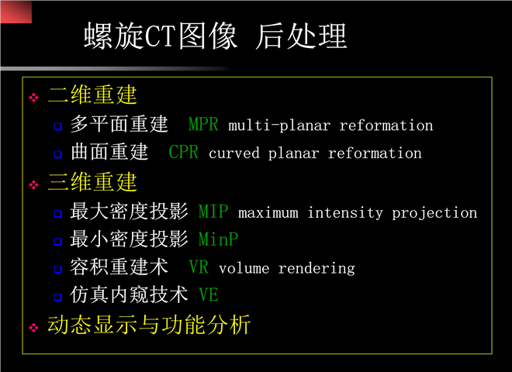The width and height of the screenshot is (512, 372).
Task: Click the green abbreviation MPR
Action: (x=203, y=124)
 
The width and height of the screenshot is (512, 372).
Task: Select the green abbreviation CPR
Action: (x=184, y=152)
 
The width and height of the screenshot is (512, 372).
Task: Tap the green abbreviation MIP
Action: (x=213, y=211)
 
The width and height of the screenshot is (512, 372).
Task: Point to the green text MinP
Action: (x=219, y=239)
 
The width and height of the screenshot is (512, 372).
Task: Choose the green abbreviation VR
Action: (x=199, y=267)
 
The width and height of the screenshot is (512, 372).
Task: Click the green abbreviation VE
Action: (x=209, y=294)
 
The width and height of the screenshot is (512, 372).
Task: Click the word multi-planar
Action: (x=279, y=126)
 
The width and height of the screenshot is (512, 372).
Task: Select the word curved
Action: (x=234, y=153)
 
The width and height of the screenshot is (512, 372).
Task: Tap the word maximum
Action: (x=268, y=213)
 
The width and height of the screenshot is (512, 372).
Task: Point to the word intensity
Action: (x=345, y=213)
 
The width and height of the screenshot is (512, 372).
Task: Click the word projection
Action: (x=434, y=213)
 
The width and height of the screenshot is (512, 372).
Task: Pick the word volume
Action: (x=244, y=269)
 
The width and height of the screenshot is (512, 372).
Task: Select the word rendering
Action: (x=317, y=269)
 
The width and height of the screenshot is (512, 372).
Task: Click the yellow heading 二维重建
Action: (x=93, y=95)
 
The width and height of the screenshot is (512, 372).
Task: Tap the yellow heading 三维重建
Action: (x=93, y=182)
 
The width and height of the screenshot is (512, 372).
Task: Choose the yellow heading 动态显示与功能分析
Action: (x=149, y=325)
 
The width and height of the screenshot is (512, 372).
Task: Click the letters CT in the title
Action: (x=161, y=36)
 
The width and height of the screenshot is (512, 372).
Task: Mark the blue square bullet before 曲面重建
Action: (x=58, y=153)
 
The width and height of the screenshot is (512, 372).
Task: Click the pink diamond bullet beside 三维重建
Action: (x=33, y=185)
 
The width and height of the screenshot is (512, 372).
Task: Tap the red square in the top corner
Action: (x=16, y=12)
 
